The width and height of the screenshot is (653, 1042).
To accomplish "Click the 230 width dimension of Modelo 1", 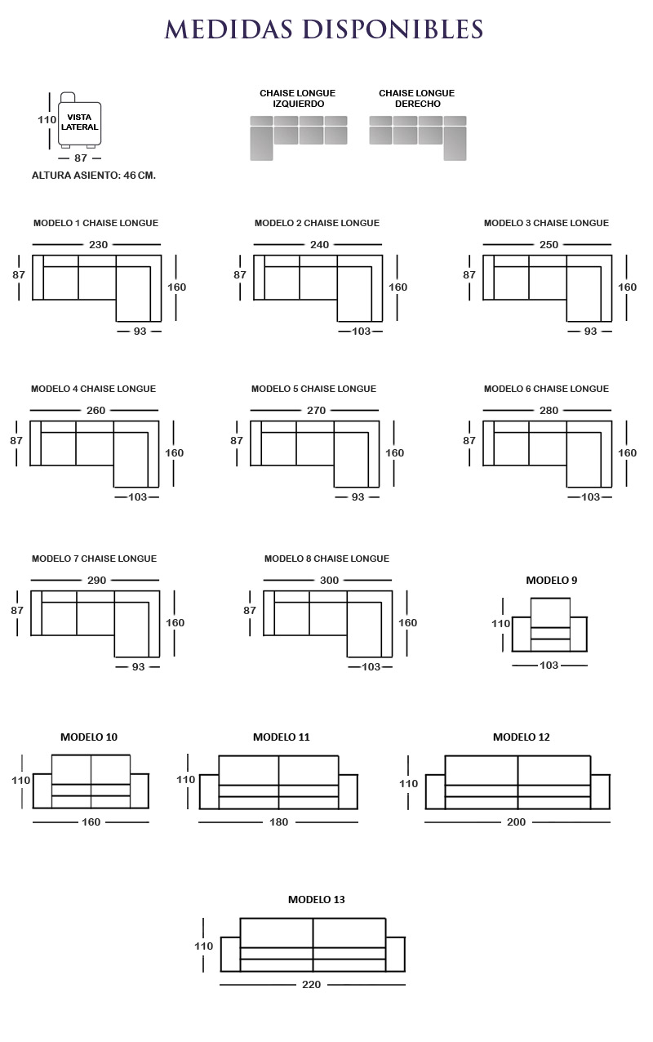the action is pyautogui.click(x=98, y=245).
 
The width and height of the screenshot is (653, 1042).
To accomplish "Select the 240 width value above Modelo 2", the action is pyautogui.click(x=319, y=245).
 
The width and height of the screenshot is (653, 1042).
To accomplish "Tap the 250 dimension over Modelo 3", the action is pyautogui.click(x=549, y=245).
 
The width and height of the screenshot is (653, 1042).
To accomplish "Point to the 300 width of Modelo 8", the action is pyautogui.click(x=329, y=580).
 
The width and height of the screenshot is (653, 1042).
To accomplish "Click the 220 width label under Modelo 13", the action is pyautogui.click(x=311, y=984).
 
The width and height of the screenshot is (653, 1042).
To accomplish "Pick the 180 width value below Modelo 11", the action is pyautogui.click(x=278, y=822).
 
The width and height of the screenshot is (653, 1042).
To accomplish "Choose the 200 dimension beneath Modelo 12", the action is pyautogui.click(x=516, y=822).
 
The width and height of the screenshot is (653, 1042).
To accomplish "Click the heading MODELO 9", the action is pyautogui.click(x=552, y=580).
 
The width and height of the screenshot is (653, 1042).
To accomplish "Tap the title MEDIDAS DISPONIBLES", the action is pyautogui.click(x=324, y=29).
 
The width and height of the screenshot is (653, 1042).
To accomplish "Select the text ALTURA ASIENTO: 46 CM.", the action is pyautogui.click(x=94, y=176).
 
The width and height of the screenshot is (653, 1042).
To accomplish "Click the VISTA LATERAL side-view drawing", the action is pyautogui.click(x=79, y=120).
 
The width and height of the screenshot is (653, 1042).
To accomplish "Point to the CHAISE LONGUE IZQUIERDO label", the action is pyautogui.click(x=298, y=98).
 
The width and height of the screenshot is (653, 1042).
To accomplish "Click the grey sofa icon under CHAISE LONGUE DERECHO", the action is pyautogui.click(x=418, y=138).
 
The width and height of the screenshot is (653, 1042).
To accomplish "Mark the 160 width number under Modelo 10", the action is pyautogui.click(x=91, y=822).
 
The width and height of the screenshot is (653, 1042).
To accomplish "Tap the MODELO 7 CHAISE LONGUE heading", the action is pyautogui.click(x=94, y=559).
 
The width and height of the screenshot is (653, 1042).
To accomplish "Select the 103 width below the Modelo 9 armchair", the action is pyautogui.click(x=549, y=666).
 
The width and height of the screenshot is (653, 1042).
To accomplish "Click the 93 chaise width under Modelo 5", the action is pyautogui.click(x=358, y=497).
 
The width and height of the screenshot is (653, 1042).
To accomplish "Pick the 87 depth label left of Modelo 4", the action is pyautogui.click(x=16, y=440).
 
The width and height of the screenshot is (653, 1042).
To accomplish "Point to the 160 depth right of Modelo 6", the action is pyautogui.click(x=627, y=452).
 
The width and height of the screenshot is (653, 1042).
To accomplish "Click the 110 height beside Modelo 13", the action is pyautogui.click(x=204, y=946).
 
